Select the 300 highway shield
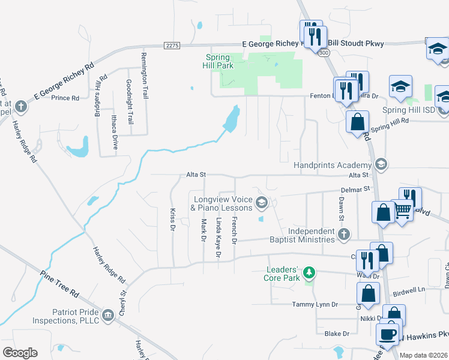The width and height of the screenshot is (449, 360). coord(325,53)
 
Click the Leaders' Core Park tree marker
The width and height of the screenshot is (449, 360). coord(309,274)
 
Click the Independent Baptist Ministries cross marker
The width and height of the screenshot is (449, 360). coord(344,235)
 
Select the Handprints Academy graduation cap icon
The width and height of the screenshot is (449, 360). coord(380,164)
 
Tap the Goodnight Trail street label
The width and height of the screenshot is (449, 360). coord(129,102)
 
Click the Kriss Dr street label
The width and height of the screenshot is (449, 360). coord(172,220)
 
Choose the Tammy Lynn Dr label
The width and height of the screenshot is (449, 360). coord(315,304)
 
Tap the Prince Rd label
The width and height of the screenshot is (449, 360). coord(65,98)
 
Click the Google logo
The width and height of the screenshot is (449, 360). coord(20,353)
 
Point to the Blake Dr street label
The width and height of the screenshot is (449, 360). coord(337,334)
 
